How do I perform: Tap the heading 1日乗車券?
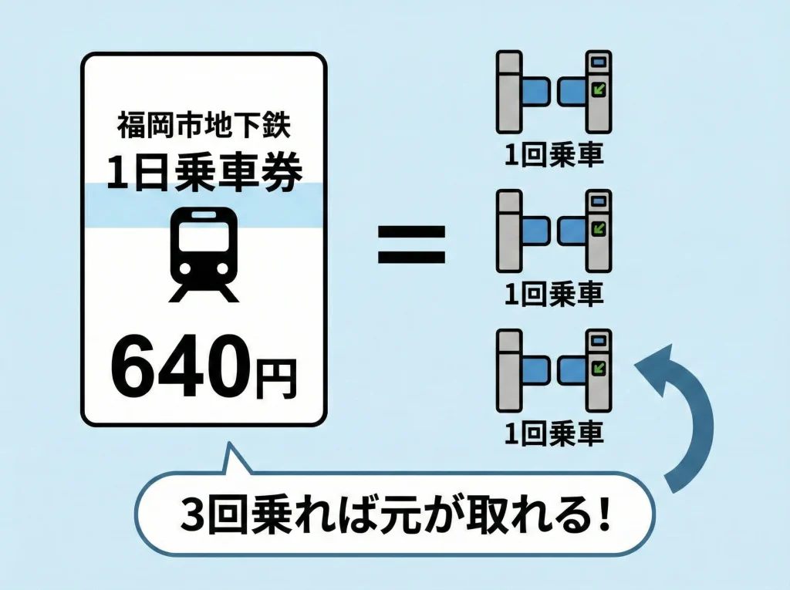204,171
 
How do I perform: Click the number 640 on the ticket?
182,368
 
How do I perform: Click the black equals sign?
410,245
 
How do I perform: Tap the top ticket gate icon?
554,91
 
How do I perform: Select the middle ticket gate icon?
554,231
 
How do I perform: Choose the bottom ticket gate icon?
554,369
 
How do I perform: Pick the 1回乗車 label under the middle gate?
554,294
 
